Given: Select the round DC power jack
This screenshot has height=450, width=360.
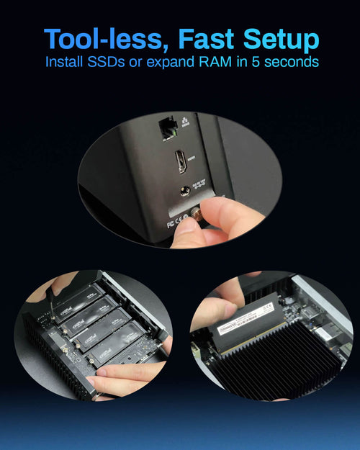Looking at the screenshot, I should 185,191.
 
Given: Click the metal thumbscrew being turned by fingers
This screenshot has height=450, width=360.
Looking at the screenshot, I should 196,214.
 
